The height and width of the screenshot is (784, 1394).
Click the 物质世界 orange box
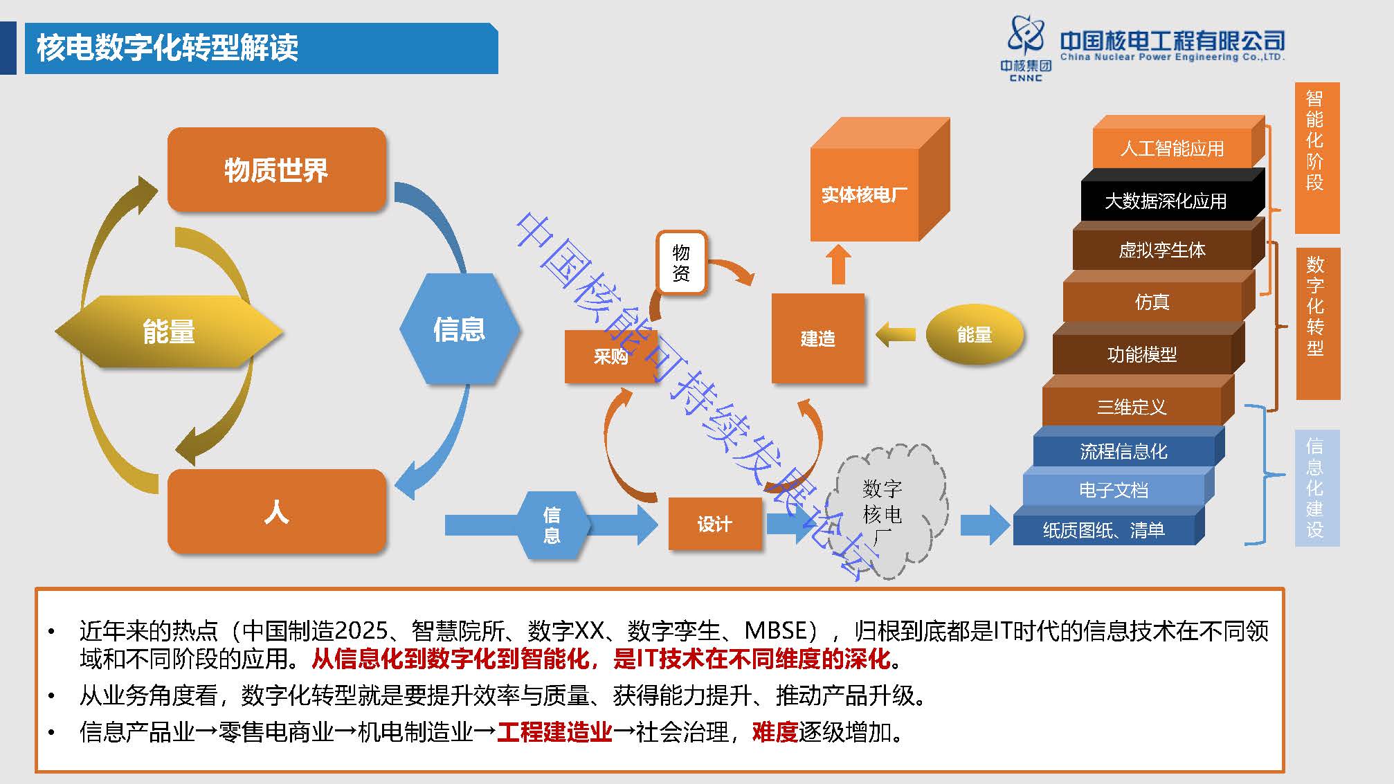[x=276, y=170]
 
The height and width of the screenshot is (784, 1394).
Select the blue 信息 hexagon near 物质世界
[x=459, y=329]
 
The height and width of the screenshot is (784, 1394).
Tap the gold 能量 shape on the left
[x=169, y=331]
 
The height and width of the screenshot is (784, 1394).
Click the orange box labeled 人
[x=276, y=511]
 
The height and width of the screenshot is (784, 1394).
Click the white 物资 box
[x=681, y=263]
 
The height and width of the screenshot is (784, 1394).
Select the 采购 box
[x=610, y=356]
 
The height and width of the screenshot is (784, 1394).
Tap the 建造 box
[x=817, y=338]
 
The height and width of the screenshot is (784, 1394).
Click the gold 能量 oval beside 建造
[x=974, y=335]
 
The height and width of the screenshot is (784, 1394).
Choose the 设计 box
[x=714, y=524]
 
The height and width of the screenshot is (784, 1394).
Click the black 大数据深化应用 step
[x=1166, y=201]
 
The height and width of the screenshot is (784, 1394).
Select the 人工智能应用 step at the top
[x=1172, y=148]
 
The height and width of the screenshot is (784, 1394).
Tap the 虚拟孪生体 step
[x=1161, y=250]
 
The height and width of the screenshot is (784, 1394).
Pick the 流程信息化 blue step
[x=1123, y=451]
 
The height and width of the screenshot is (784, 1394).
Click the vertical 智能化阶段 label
[x=1316, y=142]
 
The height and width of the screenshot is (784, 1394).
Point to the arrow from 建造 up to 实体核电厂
[x=838, y=264]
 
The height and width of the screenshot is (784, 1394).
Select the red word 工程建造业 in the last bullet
[x=554, y=731]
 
